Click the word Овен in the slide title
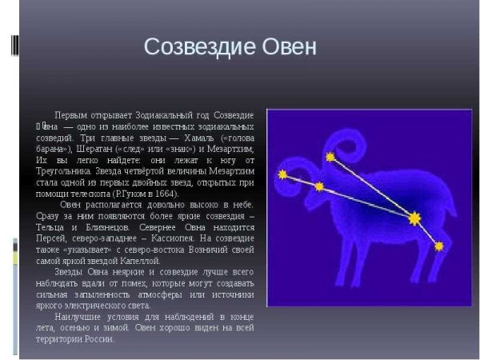tap(289, 47)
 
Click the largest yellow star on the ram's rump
tap(414, 218)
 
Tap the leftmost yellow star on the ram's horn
tap(282, 174)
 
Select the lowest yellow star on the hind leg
tap(438, 246)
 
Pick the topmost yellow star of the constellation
tap(330, 157)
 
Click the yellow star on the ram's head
tap(319, 187)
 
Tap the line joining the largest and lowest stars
tap(426, 232)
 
